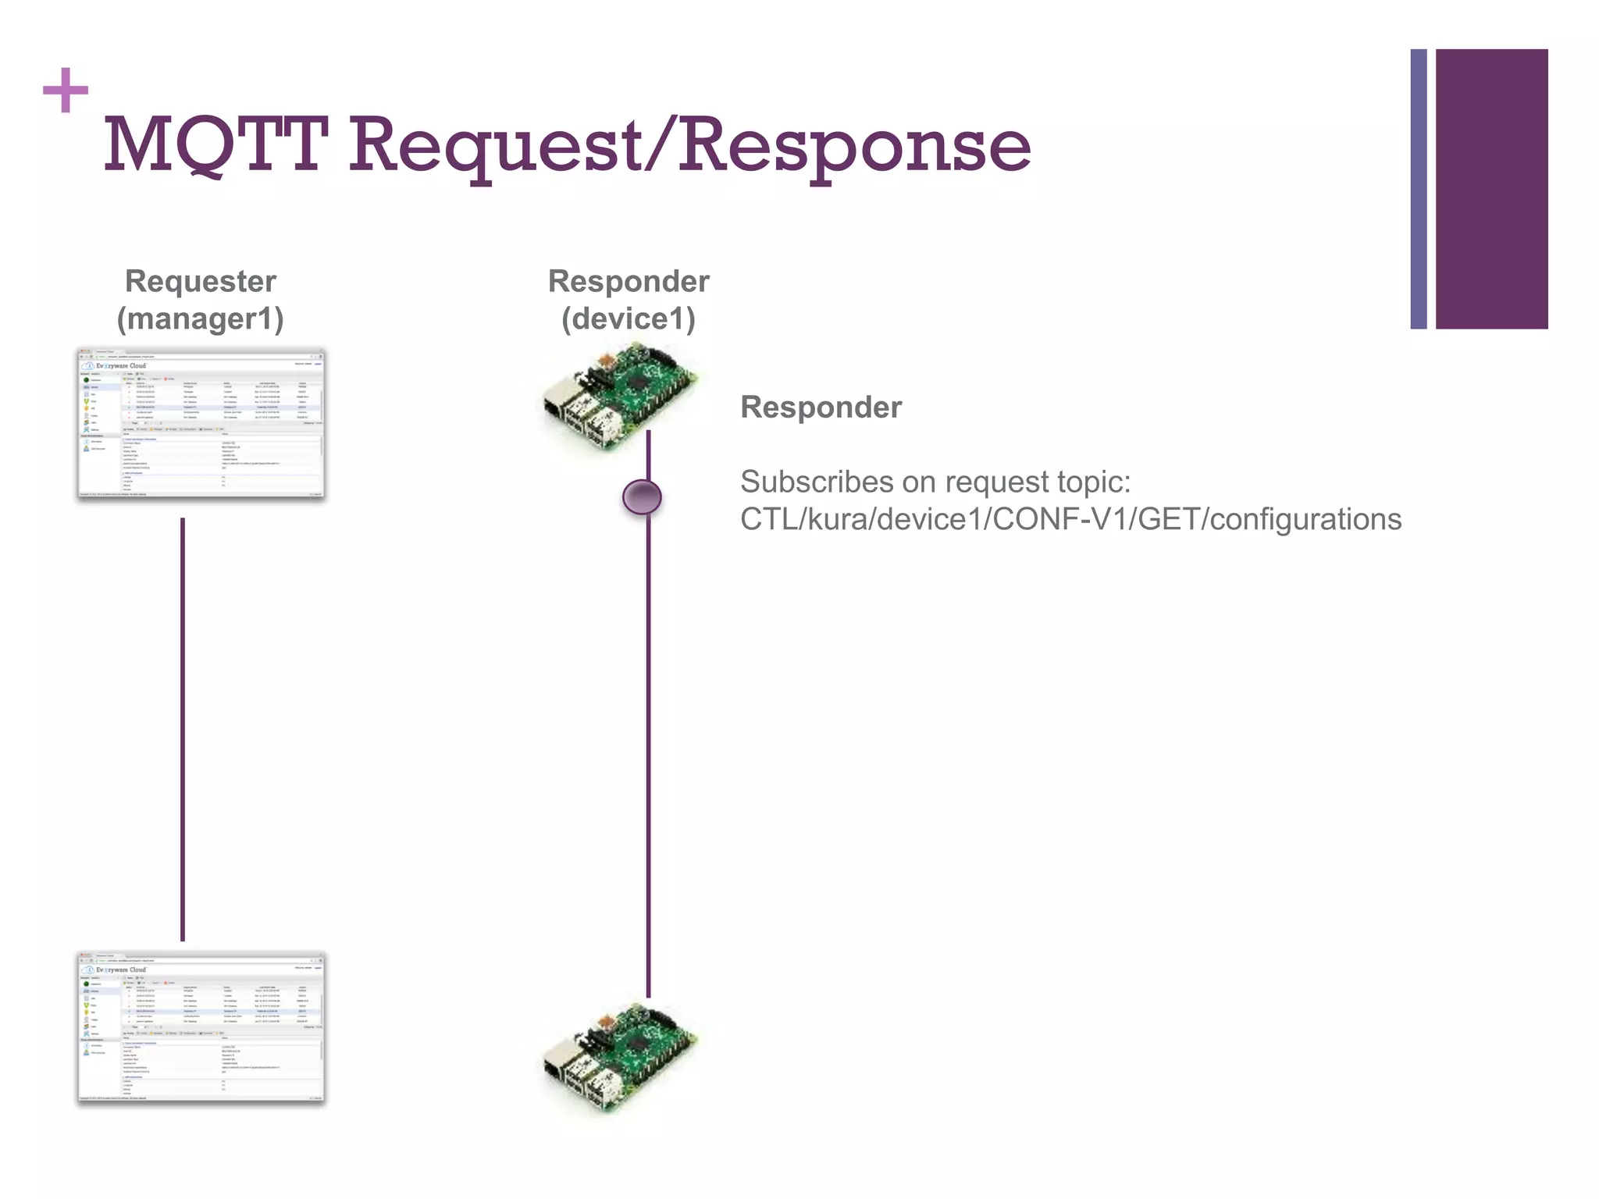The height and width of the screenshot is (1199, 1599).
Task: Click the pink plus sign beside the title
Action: click(66, 91)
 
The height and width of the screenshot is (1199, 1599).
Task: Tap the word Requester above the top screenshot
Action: click(201, 281)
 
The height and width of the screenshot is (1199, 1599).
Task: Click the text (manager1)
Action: click(201, 318)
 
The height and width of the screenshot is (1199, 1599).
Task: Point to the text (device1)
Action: click(629, 318)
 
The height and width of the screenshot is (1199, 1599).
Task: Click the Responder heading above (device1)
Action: click(629, 281)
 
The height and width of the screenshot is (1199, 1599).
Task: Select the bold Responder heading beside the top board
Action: click(821, 407)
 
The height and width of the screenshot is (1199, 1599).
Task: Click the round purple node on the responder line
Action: click(642, 497)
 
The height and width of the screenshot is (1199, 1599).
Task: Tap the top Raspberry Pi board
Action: click(621, 398)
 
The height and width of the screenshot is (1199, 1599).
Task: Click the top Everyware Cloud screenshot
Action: click(201, 424)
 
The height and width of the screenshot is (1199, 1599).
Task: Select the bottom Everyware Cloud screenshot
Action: click(201, 1027)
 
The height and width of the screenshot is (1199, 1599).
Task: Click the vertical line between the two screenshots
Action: click(183, 730)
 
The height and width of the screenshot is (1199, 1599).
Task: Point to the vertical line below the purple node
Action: click(648, 749)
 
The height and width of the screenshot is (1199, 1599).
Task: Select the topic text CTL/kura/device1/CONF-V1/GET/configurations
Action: click(1070, 519)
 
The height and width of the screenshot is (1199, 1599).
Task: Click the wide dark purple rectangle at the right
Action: click(1491, 189)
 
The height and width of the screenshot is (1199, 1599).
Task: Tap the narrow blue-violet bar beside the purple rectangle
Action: click(1419, 189)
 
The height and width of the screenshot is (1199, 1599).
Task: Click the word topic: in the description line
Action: click(1093, 482)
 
